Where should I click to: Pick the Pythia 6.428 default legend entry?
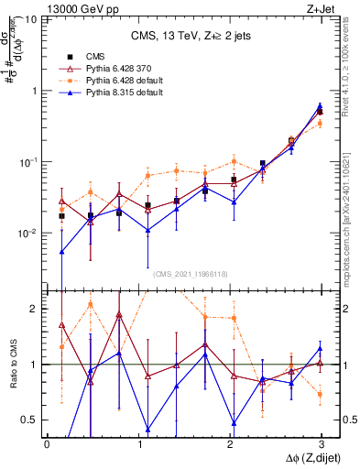119,80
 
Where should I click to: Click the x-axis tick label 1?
138,442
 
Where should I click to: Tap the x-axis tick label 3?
322,442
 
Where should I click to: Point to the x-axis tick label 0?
47,442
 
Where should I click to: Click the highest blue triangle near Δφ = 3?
319,106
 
